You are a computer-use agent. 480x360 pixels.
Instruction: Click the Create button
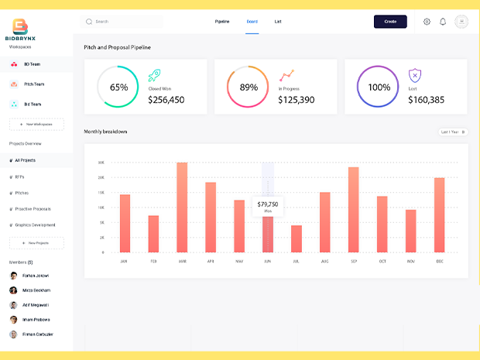click(x=390, y=22)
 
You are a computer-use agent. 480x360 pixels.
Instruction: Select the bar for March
click(x=182, y=207)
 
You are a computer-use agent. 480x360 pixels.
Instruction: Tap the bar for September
click(x=353, y=210)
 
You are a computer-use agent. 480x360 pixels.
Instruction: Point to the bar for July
click(x=296, y=238)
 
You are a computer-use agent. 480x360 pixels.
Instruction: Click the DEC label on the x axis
click(x=440, y=262)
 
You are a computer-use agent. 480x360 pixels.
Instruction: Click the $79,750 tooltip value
click(x=268, y=204)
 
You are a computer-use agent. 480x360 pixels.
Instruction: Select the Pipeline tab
click(x=222, y=22)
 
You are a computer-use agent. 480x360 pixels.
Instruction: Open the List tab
click(x=278, y=22)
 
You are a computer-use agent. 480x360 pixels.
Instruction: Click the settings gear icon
click(x=427, y=22)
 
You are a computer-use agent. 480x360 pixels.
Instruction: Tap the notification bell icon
click(x=443, y=22)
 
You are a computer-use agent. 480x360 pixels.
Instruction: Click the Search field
click(x=124, y=22)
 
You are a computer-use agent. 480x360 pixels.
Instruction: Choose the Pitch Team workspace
click(x=34, y=84)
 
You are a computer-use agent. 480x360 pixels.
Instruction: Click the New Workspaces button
click(x=36, y=124)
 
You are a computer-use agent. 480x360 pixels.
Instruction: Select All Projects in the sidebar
click(x=26, y=160)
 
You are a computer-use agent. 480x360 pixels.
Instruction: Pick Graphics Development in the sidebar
click(x=35, y=225)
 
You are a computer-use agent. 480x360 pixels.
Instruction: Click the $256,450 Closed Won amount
click(x=166, y=100)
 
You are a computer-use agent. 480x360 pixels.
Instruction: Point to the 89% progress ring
click(x=249, y=87)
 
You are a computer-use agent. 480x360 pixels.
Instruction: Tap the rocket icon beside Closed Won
click(x=154, y=75)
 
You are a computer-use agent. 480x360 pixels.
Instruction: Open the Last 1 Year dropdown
click(x=453, y=132)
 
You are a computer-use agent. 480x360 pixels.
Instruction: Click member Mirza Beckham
click(x=37, y=290)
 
